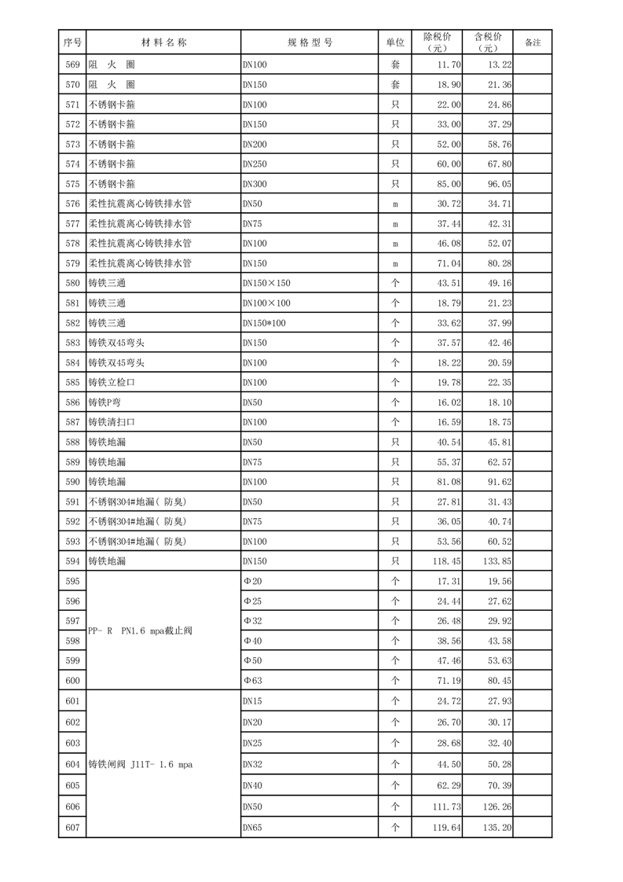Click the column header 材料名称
tap(163, 42)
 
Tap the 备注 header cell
tap(533, 42)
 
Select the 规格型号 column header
tap(310, 42)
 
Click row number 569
tap(72, 64)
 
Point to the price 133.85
tap(500, 561)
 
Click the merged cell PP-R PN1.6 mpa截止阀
tap(141, 630)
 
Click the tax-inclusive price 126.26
tap(500, 807)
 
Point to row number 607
tap(72, 827)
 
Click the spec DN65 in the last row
tap(253, 827)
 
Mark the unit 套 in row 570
tap(395, 84)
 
